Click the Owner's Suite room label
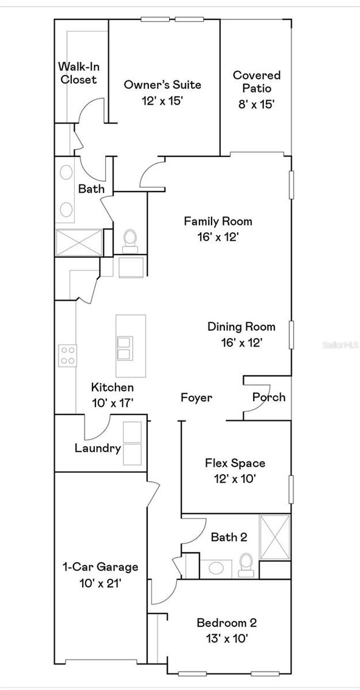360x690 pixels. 162,85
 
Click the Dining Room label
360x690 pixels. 241,326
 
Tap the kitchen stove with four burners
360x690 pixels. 67,355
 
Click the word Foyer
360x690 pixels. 196,398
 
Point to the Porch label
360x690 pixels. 269,397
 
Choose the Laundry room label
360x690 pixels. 97,449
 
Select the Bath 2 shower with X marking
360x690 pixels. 275,537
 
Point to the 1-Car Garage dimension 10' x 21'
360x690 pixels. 100,582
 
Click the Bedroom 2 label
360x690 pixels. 226,623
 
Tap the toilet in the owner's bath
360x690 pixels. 130,240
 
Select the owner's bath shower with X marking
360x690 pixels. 79,243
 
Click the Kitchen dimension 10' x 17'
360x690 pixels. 112,402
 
